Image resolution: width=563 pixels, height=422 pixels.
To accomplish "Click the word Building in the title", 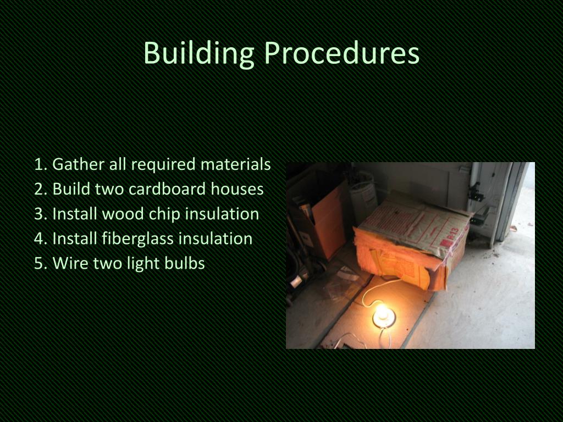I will point(198,54).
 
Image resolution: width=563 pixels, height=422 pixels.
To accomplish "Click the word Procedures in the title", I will point(341,54).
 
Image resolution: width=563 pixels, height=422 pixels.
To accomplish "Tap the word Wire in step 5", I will point(70,263).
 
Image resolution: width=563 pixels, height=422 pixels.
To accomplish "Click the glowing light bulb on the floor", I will point(383,314).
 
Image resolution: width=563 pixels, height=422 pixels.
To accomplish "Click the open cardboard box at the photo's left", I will point(324,220).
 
